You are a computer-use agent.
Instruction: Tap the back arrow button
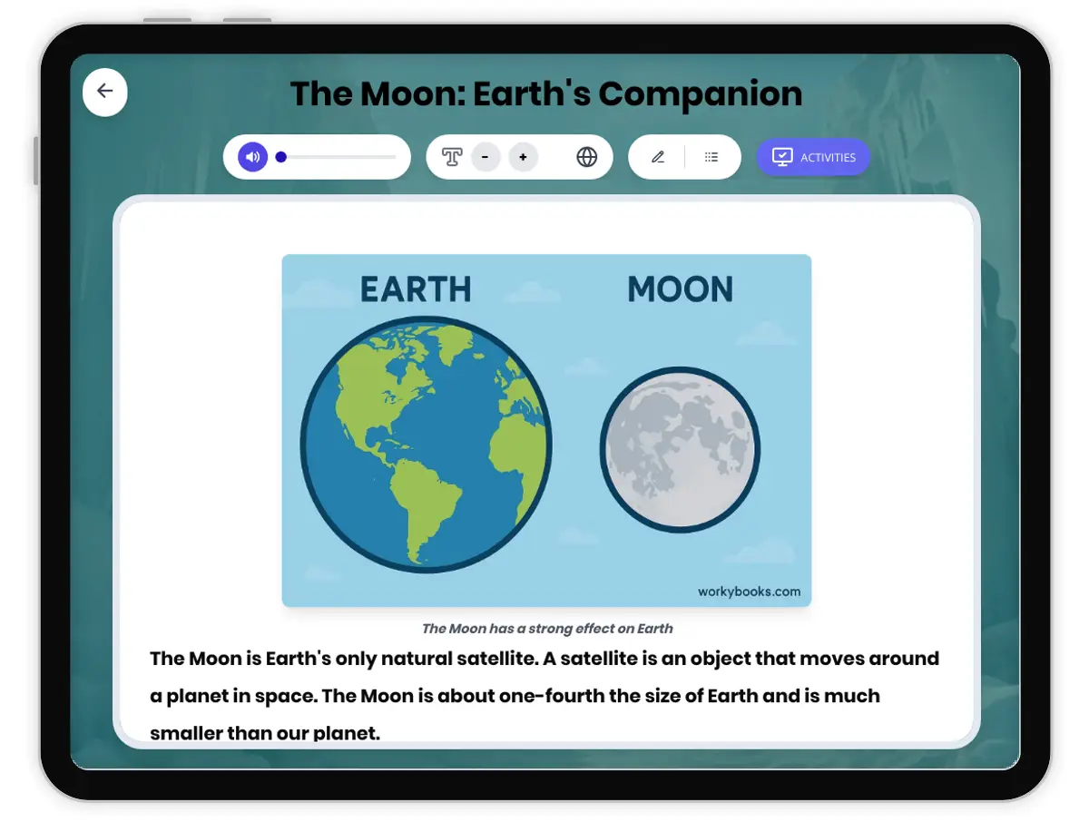pyautogui.click(x=105, y=92)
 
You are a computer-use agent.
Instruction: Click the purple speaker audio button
pyautogui.click(x=252, y=157)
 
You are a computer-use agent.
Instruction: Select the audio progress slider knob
pyautogui.click(x=281, y=157)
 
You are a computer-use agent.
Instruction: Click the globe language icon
pyautogui.click(x=587, y=157)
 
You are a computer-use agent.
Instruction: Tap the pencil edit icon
pyautogui.click(x=658, y=157)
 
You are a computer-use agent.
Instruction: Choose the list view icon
pyautogui.click(x=711, y=157)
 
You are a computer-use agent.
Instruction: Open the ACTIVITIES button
pyautogui.click(x=813, y=157)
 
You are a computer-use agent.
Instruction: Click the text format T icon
pyautogui.click(x=452, y=157)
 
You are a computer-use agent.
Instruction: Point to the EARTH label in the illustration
pyautogui.click(x=416, y=289)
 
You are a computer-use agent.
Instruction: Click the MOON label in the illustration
pyautogui.click(x=680, y=289)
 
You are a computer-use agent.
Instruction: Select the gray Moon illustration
pyautogui.click(x=680, y=449)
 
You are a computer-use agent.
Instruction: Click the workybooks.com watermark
pyautogui.click(x=749, y=592)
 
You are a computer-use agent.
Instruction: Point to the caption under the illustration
pyautogui.click(x=547, y=628)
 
